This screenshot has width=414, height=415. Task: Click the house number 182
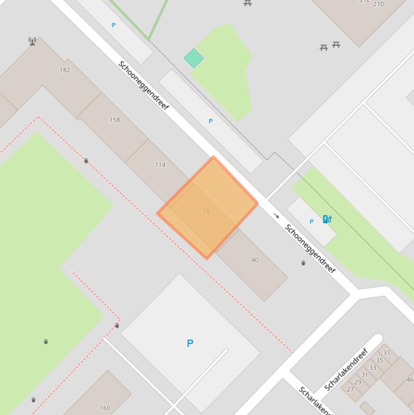coord(65,70)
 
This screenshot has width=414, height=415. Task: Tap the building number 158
coord(115,120)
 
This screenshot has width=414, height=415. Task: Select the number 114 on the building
coord(160,165)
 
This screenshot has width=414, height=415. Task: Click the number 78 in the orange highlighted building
coord(206,211)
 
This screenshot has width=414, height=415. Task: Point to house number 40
coord(255,260)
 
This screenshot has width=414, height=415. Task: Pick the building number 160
coord(105,408)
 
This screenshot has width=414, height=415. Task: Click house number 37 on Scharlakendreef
coord(387,353)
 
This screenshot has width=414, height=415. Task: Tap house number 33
coord(373,368)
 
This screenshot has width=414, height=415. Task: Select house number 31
coord(364,375)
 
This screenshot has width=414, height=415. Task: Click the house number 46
coord(410,379)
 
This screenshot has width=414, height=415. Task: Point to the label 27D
coord(378,4)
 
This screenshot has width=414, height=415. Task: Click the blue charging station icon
coord(327,219)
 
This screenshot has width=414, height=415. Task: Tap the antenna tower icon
coord(32,41)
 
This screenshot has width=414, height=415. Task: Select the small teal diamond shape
coord(193,58)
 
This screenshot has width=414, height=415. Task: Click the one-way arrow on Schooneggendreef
coord(277,216)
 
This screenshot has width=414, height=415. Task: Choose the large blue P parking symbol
coord(190,343)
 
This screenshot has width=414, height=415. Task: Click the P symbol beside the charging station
coord(311,222)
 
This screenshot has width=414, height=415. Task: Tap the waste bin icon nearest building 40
coord(303,263)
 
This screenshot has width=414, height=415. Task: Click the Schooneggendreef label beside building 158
coord(144,86)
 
